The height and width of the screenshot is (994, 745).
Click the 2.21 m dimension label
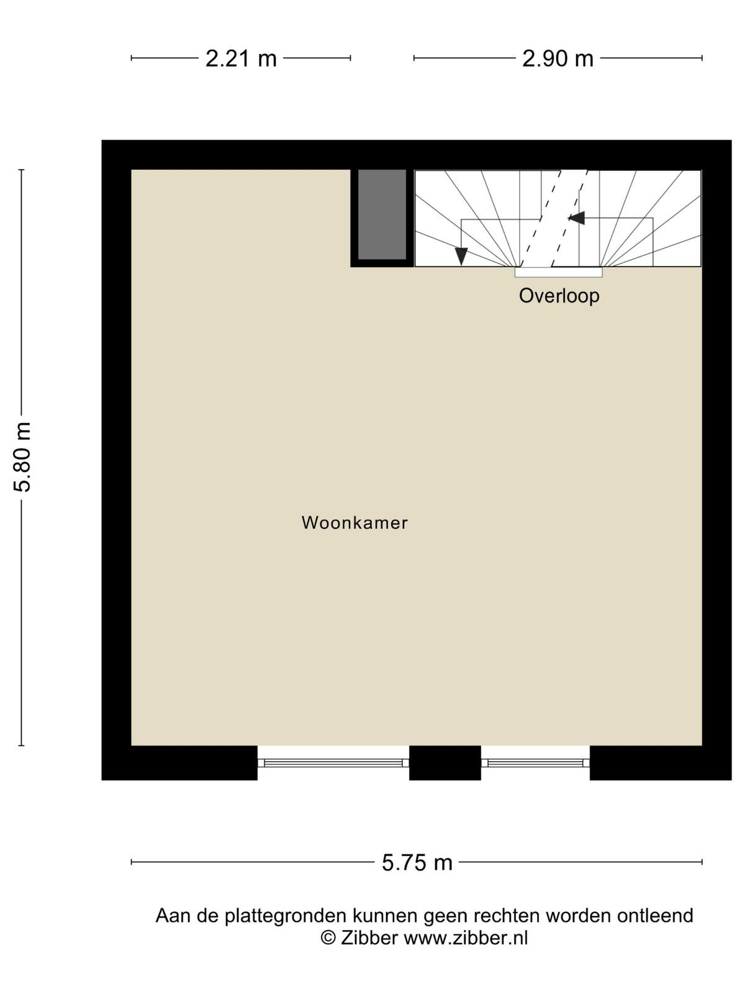click(x=241, y=58)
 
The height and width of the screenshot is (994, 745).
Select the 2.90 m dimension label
click(x=558, y=58)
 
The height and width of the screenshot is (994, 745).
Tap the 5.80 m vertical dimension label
click(x=22, y=457)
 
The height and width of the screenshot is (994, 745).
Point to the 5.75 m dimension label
click(x=417, y=862)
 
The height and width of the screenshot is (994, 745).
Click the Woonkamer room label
click(x=354, y=523)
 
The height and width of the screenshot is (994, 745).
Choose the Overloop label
click(x=559, y=296)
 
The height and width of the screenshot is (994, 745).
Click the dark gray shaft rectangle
click(x=382, y=215)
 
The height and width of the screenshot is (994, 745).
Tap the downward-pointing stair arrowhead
click(x=461, y=257)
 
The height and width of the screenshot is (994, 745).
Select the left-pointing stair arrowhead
click(x=576, y=218)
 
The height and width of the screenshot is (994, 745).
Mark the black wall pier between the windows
click(x=445, y=763)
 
